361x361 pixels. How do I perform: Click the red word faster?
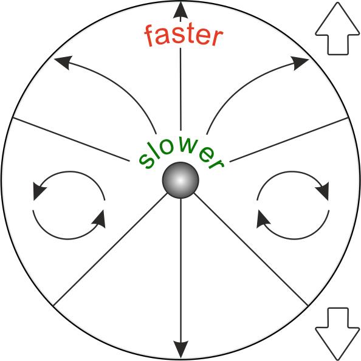pos(184,36)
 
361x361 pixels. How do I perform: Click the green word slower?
pos(181,154)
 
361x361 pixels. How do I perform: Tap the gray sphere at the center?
pos(180,180)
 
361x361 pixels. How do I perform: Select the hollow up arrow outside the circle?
pos(337,29)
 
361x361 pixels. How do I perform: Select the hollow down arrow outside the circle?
pos(337,334)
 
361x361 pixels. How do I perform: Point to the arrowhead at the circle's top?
pos(180,10)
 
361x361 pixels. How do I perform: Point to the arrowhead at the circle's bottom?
pos(180,349)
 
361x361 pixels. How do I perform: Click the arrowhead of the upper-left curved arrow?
pos(64,62)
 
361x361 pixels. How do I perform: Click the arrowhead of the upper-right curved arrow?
pos(300,63)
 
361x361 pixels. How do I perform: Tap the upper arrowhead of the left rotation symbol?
pos(39,191)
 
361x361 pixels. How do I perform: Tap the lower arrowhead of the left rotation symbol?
pos(100,219)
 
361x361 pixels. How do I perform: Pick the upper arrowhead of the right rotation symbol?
pos(323,191)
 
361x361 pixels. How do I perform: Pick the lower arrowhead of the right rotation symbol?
pos(263,219)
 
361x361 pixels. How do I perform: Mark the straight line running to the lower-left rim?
pos(111,250)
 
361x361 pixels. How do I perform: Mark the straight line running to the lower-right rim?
pos(251,250)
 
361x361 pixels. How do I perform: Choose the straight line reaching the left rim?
pos(70,139)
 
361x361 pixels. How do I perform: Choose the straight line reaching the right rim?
pos(289,139)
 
